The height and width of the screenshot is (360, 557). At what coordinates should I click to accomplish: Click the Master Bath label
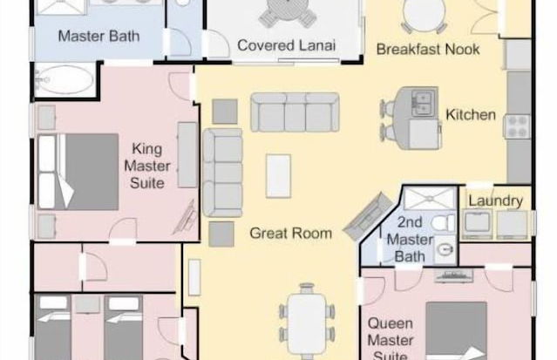87,37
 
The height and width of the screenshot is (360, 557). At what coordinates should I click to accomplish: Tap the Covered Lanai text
287,45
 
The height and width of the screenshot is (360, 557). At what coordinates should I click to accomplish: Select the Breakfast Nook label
428,50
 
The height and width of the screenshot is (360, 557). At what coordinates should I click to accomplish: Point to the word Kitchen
471,114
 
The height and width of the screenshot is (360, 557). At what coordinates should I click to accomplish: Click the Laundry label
495,201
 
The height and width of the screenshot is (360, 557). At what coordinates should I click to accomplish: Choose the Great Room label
290,233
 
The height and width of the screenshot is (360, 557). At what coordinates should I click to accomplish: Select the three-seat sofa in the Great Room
294,112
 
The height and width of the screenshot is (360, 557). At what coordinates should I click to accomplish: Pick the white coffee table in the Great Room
278,175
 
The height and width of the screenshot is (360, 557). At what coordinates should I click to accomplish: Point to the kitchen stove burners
519,126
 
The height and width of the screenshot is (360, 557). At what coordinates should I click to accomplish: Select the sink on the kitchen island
425,100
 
